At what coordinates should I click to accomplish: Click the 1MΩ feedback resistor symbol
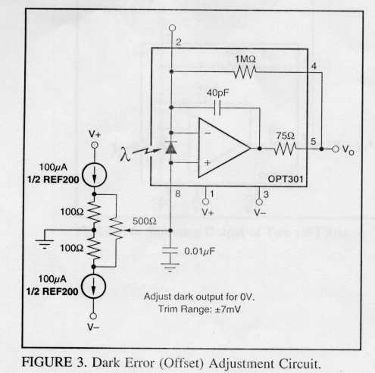pyautogui.click(x=245, y=72)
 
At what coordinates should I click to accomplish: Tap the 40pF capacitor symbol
pyautogui.click(x=217, y=108)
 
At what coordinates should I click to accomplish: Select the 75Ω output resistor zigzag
pyautogui.click(x=285, y=149)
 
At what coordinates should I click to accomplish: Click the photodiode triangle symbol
pyautogui.click(x=170, y=148)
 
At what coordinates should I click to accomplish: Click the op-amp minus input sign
pyautogui.click(x=208, y=133)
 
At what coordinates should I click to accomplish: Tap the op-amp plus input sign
pyautogui.click(x=208, y=163)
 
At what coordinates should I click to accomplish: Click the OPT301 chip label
pyautogui.click(x=285, y=179)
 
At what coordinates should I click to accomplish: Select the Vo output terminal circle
pyautogui.click(x=336, y=149)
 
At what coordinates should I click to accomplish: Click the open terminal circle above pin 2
pyautogui.click(x=172, y=27)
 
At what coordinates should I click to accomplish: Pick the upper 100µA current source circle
pyautogui.click(x=95, y=175)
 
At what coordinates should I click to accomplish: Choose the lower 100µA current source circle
pyautogui.click(x=94, y=287)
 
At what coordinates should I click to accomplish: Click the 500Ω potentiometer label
pyautogui.click(x=145, y=221)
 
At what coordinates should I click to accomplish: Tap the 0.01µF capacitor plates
pyautogui.click(x=170, y=250)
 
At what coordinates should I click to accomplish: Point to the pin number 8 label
pyautogui.click(x=178, y=194)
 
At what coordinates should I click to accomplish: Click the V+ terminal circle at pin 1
pyautogui.click(x=206, y=202)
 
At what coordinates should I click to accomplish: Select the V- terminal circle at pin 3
pyautogui.click(x=259, y=202)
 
